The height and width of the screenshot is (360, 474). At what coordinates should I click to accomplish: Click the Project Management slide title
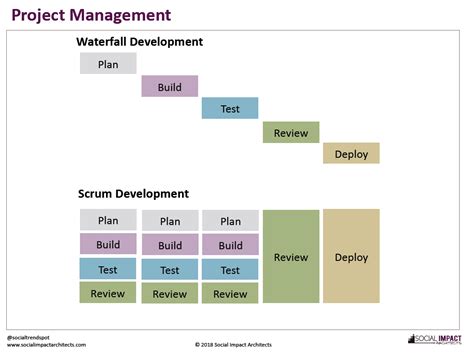pyautogui.click(x=91, y=16)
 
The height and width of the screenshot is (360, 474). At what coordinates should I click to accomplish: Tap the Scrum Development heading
pyautogui.click(x=131, y=193)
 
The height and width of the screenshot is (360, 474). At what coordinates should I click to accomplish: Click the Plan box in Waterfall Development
pyautogui.click(x=108, y=64)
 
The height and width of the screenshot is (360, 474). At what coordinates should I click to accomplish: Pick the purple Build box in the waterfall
pyautogui.click(x=169, y=87)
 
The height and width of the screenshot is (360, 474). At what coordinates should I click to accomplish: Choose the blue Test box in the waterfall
pyautogui.click(x=230, y=109)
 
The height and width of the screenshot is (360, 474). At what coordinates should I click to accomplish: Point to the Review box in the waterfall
pyautogui.click(x=291, y=132)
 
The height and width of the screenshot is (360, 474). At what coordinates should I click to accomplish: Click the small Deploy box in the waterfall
pyautogui.click(x=351, y=154)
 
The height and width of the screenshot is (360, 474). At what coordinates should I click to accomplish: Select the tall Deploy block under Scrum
pyautogui.click(x=351, y=256)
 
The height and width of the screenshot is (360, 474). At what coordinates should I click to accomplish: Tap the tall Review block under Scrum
pyautogui.click(x=291, y=256)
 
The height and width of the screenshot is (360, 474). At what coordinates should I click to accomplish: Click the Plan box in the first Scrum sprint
pyautogui.click(x=108, y=220)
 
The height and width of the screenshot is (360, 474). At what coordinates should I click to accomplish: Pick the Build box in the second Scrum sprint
pyautogui.click(x=170, y=245)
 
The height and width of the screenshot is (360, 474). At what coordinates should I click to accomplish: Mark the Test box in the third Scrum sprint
pyautogui.click(x=230, y=270)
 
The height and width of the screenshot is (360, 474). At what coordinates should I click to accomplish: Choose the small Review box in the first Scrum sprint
pyautogui.click(x=108, y=293)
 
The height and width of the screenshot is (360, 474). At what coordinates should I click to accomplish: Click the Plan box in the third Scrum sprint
pyautogui.click(x=230, y=221)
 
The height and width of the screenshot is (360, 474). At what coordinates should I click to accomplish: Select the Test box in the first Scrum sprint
pyautogui.click(x=108, y=269)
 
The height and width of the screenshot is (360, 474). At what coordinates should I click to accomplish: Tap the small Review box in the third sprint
pyautogui.click(x=230, y=294)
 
